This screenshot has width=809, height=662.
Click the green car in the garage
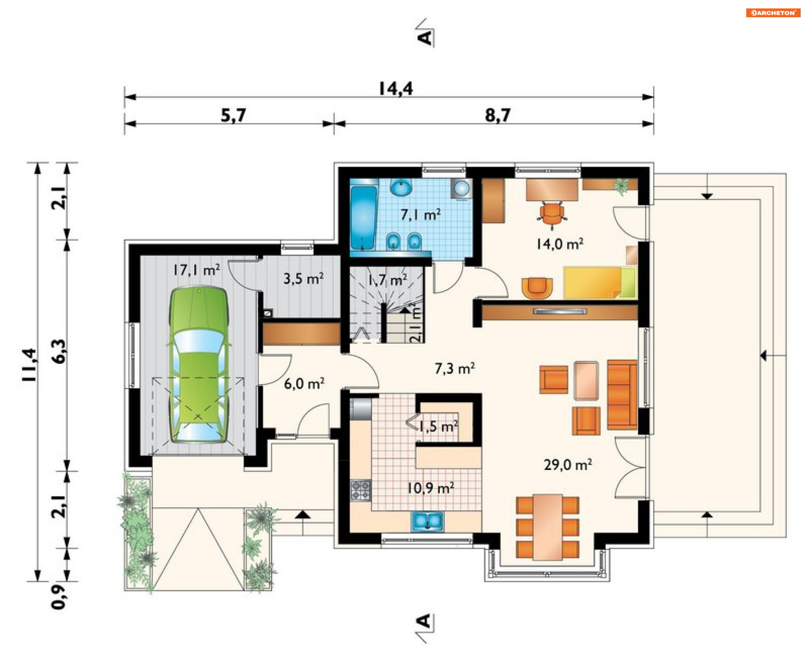(198, 364)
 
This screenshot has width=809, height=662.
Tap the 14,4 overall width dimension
(395, 88)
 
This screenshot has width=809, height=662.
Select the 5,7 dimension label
(233, 115)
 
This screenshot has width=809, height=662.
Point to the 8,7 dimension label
(498, 115)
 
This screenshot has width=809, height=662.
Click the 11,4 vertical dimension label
(30, 365)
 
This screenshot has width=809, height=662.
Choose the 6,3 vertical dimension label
(59, 351)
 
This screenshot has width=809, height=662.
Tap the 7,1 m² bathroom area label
(420, 214)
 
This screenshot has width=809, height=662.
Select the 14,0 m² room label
(560, 243)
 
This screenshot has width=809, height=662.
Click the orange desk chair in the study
(552, 214)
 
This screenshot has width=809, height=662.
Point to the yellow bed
(600, 282)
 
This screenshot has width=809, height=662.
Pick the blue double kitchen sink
(427, 521)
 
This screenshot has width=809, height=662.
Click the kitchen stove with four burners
(361, 490)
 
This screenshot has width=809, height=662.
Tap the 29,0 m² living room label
(568, 464)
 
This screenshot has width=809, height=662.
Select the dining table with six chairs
(547, 527)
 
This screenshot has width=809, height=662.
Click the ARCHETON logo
(773, 13)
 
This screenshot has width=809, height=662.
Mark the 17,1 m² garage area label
(196, 270)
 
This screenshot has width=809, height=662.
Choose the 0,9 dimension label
(59, 597)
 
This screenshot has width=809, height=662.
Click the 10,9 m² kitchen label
(430, 488)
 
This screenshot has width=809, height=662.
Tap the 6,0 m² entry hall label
(304, 383)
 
